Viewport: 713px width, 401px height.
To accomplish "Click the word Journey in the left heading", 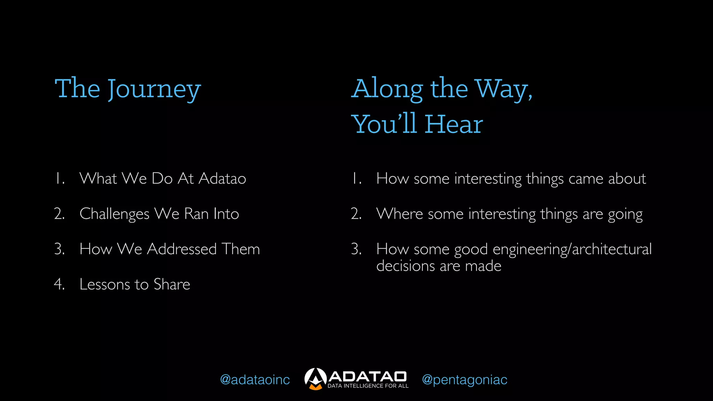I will click(x=154, y=89).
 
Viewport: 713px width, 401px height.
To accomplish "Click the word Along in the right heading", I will click(x=387, y=89).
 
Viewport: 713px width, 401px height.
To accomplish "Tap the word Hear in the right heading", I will click(x=454, y=125).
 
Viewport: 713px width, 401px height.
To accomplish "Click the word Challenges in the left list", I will click(x=115, y=214).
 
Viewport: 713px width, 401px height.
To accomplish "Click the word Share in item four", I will click(x=172, y=284).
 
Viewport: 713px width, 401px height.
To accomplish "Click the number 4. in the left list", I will click(x=59, y=284).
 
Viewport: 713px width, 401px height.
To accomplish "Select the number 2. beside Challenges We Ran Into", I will click(x=59, y=214).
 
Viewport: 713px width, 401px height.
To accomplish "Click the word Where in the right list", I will click(x=399, y=214).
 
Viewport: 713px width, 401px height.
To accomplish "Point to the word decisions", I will click(x=406, y=266).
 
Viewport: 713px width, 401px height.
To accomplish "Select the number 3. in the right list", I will click(x=356, y=249).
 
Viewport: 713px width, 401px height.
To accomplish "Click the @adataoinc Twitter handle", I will click(x=255, y=380).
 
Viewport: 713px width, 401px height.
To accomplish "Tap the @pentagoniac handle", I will click(x=464, y=380).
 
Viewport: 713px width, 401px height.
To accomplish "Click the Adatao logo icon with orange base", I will click(x=315, y=379).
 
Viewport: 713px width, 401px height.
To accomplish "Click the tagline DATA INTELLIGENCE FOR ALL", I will click(x=368, y=386).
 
